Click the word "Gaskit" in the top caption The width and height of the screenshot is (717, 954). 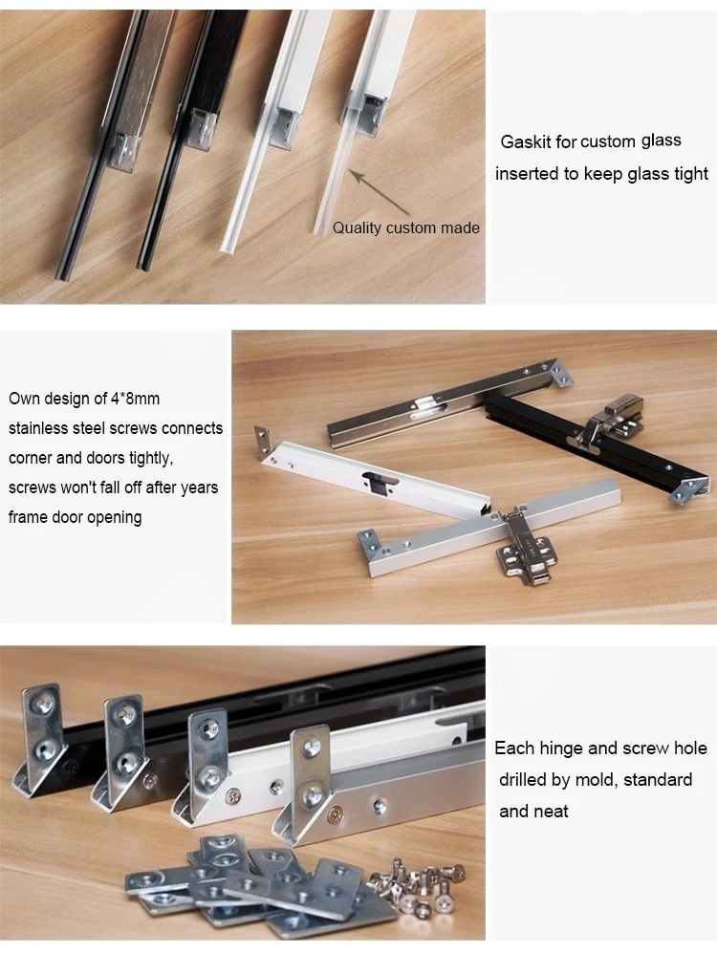click(x=525, y=141)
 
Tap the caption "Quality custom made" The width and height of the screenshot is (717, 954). click(x=405, y=228)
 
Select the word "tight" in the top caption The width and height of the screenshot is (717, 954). click(x=689, y=173)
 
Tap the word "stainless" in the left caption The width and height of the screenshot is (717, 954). click(x=40, y=428)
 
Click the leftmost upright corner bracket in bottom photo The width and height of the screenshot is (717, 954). click(x=43, y=726)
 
